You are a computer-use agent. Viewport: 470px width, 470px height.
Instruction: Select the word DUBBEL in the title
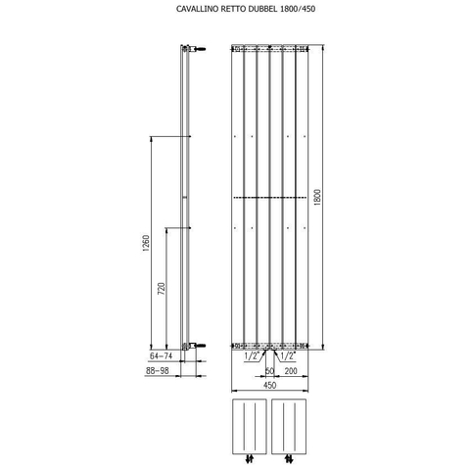pos(262,9)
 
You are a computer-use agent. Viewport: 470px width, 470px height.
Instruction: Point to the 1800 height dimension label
pos(318,197)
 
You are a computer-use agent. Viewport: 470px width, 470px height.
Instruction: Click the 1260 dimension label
pos(146,243)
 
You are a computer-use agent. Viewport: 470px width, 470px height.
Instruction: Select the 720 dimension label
pos(162,289)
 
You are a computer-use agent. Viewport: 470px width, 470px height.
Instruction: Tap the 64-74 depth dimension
pos(161,356)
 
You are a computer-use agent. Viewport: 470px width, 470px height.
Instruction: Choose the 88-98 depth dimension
pos(158,371)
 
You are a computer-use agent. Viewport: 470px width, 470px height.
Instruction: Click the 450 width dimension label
pos(269,385)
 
